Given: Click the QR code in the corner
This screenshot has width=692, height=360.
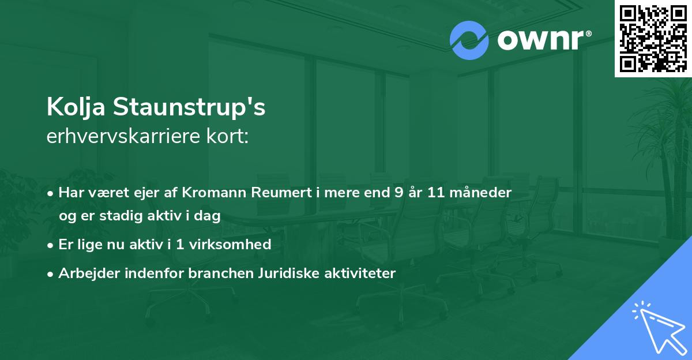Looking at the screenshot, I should tap(652, 39).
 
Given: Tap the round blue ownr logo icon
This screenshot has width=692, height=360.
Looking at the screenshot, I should tap(469, 40).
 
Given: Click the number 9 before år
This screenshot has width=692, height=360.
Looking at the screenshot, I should tap(399, 193).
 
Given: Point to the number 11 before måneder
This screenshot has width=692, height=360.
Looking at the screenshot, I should tap(437, 193).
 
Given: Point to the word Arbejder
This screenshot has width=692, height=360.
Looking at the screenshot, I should tap(85, 273).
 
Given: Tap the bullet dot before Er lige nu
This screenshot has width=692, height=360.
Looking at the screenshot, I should tap(51, 245).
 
